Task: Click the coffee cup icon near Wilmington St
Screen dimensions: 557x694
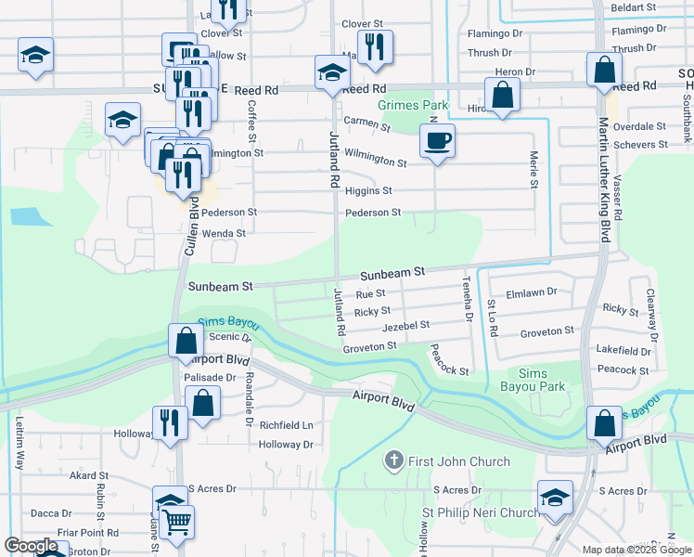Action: click(438, 141)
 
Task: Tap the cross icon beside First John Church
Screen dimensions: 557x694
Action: click(394, 461)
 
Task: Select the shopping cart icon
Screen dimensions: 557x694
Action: click(176, 522)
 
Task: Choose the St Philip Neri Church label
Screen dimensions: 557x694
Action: click(481, 512)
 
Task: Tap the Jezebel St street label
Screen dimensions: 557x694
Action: click(405, 326)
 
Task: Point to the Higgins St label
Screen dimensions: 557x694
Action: click(368, 191)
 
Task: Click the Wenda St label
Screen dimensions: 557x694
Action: click(224, 233)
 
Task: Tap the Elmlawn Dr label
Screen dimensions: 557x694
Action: click(532, 291)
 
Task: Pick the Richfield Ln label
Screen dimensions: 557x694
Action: click(287, 425)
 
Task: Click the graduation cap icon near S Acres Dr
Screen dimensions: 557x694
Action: click(555, 499)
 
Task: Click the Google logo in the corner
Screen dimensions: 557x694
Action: click(31, 547)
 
